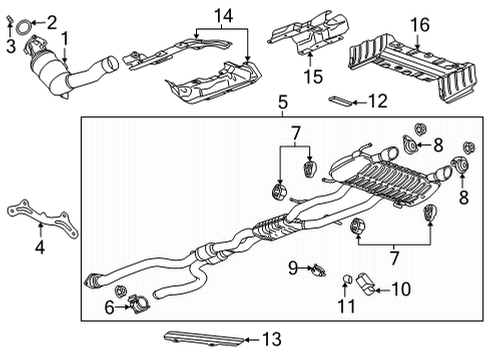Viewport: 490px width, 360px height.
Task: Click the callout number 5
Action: pyautogui.click(x=283, y=102)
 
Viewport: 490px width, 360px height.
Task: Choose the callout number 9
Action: pyautogui.click(x=292, y=268)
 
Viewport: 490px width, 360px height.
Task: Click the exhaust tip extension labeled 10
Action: pyautogui.click(x=366, y=289)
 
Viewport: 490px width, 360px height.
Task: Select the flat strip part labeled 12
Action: pyautogui.click(x=339, y=100)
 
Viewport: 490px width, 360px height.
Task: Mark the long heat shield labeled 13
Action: pyautogui.click(x=190, y=337)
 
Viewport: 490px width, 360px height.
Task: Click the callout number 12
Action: pyautogui.click(x=376, y=100)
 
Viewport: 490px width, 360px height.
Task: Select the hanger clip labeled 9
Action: pyautogui.click(x=316, y=268)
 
